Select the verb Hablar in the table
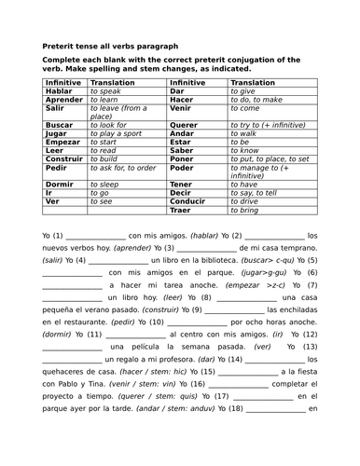58,91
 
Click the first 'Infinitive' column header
63,83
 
